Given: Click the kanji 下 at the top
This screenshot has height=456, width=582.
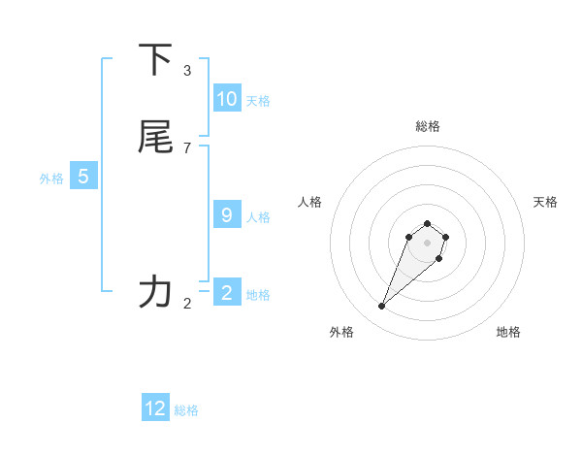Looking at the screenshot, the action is coord(155,60).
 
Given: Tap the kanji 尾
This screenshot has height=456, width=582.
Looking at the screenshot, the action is coord(155,137).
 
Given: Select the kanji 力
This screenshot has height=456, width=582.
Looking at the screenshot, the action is coord(155,291).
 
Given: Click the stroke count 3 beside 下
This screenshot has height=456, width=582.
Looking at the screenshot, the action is coord(187,71).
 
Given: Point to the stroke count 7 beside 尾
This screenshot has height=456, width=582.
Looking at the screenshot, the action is coord(187,148).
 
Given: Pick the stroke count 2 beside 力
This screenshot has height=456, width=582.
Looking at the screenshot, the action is coord(187,304).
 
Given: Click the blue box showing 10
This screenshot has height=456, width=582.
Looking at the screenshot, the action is coord(227,99).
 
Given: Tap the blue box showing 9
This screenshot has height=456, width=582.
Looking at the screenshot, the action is coord(227,215).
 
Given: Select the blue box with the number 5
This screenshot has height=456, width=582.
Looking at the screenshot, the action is coord(83,177).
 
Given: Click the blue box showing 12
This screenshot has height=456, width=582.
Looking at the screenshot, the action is coord(155,408).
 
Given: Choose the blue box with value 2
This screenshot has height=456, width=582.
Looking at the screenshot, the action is coord(227,293).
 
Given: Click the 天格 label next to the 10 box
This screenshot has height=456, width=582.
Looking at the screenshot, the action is coord(258,101).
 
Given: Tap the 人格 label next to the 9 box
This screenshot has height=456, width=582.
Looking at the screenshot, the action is coord(258,217).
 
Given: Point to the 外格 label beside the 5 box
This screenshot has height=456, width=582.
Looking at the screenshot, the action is coord(51,179).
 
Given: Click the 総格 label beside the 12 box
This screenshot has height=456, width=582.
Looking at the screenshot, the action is coord(186,410).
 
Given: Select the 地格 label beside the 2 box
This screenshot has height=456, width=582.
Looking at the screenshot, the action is coord(258,295).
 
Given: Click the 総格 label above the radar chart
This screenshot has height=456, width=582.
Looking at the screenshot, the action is coord(428,126).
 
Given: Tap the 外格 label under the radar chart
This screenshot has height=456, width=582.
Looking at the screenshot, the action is coord(342,332).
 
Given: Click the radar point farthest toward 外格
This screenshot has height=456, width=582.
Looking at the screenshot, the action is coord(381,307).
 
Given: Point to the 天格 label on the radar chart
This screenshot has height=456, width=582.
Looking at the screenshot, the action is coord(545,202).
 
